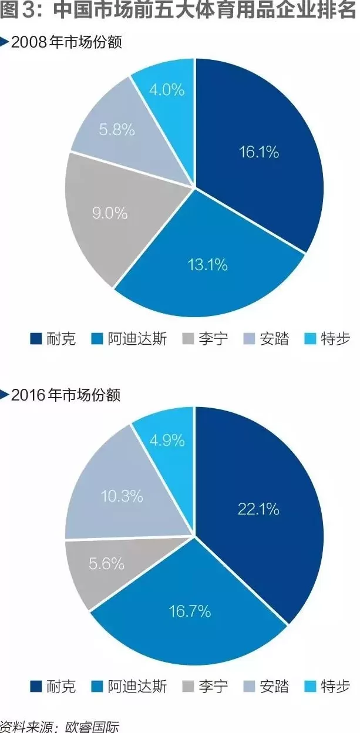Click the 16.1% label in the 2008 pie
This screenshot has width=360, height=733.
(x=258, y=152)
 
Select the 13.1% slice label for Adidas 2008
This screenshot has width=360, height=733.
(x=207, y=265)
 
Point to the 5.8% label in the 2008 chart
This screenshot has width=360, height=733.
(x=117, y=129)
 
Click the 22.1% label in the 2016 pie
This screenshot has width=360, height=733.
(x=258, y=509)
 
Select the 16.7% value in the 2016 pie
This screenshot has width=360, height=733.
(x=190, y=612)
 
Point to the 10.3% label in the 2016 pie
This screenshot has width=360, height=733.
(x=122, y=496)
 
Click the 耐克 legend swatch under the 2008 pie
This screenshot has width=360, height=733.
(x=35, y=339)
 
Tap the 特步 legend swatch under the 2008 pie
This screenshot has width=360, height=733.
(x=310, y=339)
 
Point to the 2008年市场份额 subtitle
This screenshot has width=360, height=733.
(x=66, y=42)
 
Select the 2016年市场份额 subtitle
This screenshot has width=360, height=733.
(x=66, y=395)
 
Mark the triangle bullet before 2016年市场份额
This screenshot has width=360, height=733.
(x=5, y=394)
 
